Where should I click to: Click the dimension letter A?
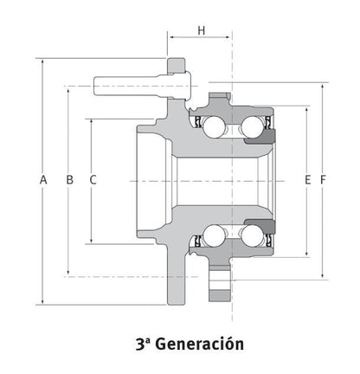42,179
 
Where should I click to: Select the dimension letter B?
68,179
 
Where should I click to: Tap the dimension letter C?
93,179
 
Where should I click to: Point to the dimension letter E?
307,179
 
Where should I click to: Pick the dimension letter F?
323,179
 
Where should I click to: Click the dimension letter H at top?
201,30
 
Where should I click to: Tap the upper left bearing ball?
212,124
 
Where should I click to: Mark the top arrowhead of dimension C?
93,120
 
